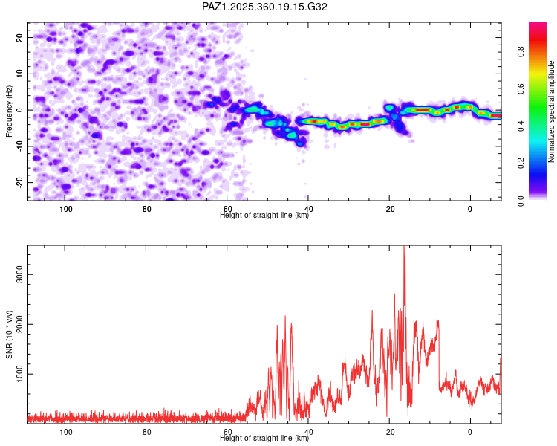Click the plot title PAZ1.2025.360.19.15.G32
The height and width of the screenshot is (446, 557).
[x=265, y=7]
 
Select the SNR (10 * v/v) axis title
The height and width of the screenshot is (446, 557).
[x=10, y=334]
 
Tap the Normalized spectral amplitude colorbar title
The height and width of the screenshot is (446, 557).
[x=552, y=111]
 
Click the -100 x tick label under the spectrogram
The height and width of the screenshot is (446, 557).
[x=65, y=209]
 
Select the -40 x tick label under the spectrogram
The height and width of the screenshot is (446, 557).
[x=307, y=209]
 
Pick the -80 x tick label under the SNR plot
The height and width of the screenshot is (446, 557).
[x=146, y=432]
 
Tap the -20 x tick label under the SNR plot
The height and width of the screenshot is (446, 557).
[x=388, y=432]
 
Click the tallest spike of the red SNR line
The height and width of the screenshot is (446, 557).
[x=404, y=248]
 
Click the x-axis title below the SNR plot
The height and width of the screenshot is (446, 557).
[x=264, y=439]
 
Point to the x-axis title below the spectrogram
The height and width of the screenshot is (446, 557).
[x=264, y=216]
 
